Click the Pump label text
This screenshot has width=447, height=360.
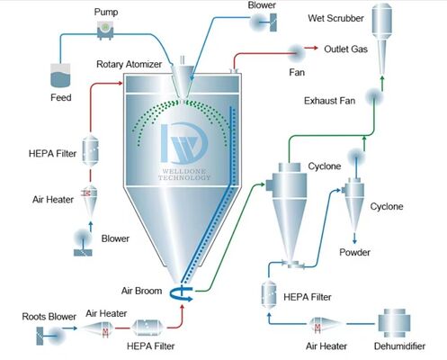tap(107, 13)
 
